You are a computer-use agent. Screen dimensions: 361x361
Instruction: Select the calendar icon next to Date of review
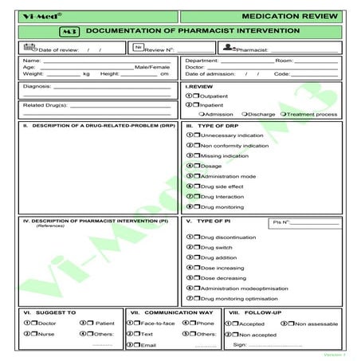[29, 48]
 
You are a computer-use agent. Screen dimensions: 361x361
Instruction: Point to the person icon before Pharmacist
[228, 48]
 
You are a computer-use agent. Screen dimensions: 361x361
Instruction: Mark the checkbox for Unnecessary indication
[197, 136]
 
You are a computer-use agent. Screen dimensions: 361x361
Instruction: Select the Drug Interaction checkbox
[197, 196]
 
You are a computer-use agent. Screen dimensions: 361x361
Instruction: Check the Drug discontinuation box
[197, 237]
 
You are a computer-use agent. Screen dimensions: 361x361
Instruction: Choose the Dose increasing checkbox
[197, 269]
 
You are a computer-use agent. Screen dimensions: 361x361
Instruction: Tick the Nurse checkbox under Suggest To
[36, 334]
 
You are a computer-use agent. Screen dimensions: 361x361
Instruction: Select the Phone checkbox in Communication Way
[194, 323]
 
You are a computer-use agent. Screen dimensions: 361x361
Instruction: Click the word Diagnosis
[37, 86]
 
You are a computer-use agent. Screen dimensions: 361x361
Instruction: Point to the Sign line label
[237, 345]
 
